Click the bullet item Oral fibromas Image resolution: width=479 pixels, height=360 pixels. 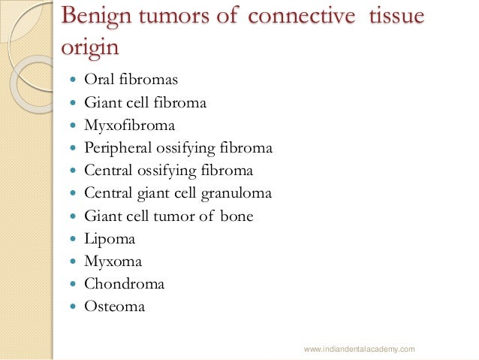131,80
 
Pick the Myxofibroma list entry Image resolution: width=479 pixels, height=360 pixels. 130,126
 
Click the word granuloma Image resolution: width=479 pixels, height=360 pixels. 236,193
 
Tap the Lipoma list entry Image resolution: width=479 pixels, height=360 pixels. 110,239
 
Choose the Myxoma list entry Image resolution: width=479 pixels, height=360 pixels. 113,262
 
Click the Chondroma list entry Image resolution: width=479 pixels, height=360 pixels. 124,284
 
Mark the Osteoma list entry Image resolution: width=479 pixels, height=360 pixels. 114,307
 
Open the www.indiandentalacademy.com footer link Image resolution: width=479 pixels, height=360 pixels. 359,349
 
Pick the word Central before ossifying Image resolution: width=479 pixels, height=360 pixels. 109,171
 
